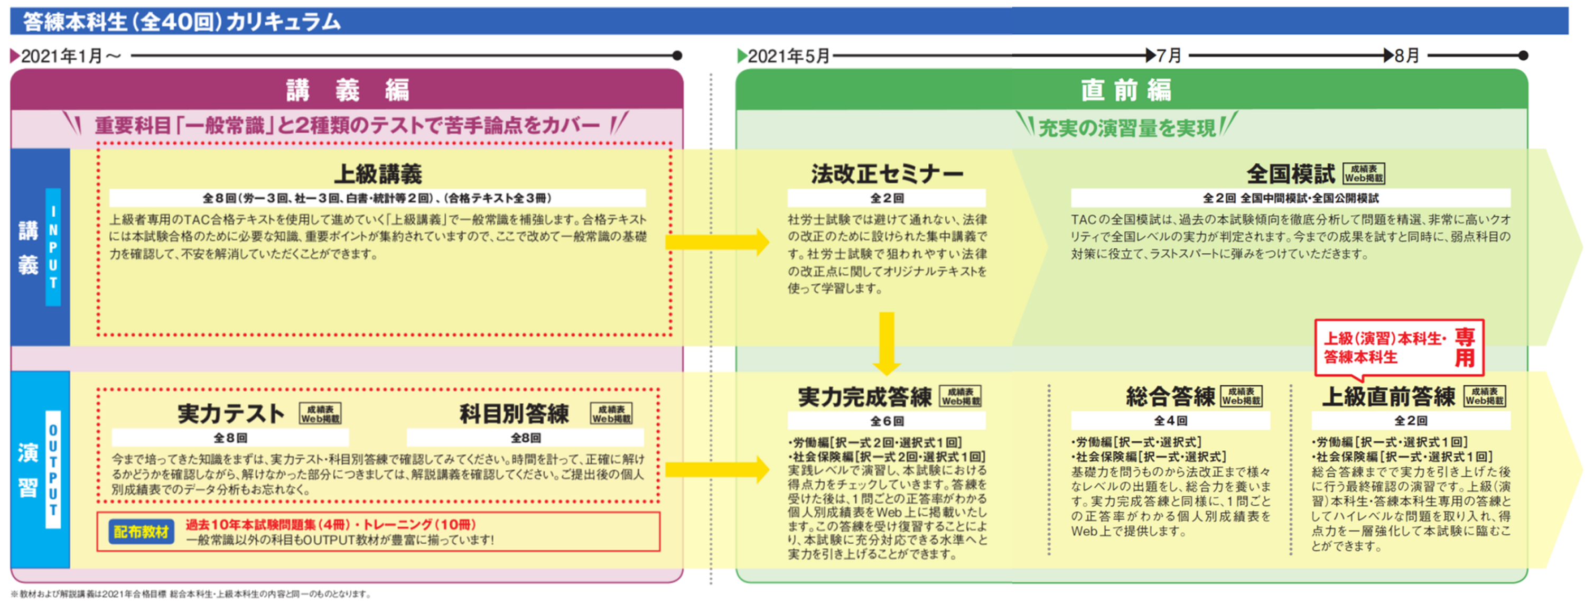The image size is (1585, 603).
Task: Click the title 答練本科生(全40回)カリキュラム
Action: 182,22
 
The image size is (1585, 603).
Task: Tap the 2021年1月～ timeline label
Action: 71,57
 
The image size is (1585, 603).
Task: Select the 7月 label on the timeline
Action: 1169,56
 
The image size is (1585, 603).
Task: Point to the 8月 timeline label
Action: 1406,56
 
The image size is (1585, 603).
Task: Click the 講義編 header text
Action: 348,90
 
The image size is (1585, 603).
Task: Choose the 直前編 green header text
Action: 1126,90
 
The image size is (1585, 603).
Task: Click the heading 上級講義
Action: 378,174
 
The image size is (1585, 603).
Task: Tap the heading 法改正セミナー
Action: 887,174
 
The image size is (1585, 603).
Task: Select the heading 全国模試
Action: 1290,174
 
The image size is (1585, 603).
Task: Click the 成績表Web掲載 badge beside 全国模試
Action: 1364,173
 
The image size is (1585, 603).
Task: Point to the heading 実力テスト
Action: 231,413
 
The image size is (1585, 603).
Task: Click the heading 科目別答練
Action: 514,413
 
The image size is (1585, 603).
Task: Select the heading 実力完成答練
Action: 864,397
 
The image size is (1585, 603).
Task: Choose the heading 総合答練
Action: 1170,397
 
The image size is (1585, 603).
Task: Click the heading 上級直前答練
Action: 1388,397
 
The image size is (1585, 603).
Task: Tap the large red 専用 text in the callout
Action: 1465,348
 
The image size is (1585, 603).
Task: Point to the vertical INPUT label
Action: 53,247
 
